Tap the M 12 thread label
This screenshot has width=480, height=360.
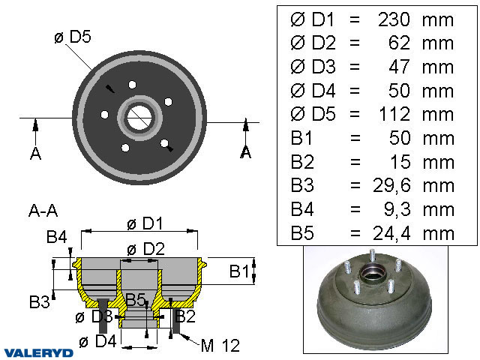click(x=220, y=345)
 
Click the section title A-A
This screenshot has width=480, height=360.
click(x=42, y=210)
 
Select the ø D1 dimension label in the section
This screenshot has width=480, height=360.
click(x=144, y=223)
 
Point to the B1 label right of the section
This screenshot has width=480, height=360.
click(x=239, y=270)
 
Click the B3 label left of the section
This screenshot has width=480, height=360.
click(x=40, y=301)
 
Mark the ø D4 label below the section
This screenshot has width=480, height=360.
click(x=97, y=342)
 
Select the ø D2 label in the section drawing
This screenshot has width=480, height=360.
click(x=144, y=249)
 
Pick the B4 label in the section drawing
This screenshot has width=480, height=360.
click(x=57, y=238)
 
